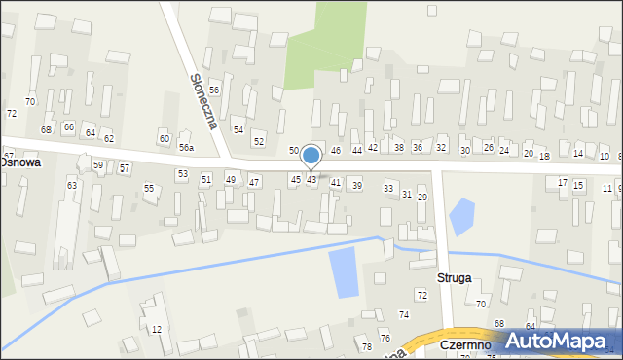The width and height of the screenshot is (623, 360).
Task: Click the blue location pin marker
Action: [x=311, y=156]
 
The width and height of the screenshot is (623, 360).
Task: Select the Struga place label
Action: [x=455, y=277]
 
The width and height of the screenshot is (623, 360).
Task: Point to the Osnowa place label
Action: [x=19, y=163]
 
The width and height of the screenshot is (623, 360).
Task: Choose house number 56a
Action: [x=185, y=148]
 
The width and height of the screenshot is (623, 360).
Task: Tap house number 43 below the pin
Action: [x=311, y=180]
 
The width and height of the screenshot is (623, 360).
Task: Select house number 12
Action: [x=156, y=330]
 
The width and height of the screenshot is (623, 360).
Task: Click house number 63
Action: [x=71, y=185]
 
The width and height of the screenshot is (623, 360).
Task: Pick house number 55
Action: [x=149, y=188]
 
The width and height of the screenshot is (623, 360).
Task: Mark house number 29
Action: [x=422, y=198]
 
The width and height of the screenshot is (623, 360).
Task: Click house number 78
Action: [x=366, y=347]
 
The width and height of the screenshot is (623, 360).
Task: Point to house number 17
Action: [x=562, y=183]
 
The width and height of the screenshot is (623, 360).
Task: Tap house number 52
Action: [x=258, y=142]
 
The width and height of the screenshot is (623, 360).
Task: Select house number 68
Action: [x=498, y=323]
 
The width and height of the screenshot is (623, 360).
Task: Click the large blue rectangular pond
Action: [x=344, y=273]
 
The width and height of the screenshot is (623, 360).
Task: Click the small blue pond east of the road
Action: [x=461, y=215]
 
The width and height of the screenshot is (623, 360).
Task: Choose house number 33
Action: [x=388, y=188]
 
